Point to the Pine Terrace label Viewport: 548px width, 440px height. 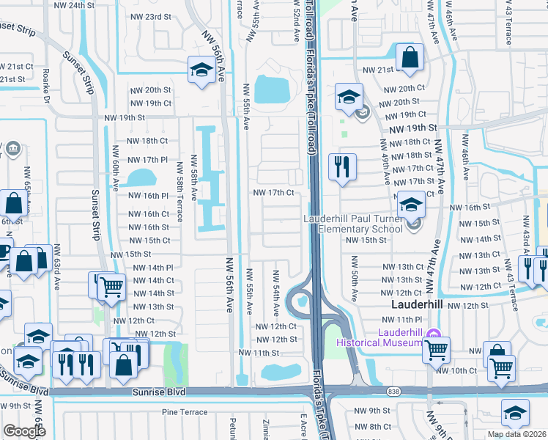pyautogui.click(x=185, y=412)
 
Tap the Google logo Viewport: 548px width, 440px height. pyautogui.click(x=24, y=430)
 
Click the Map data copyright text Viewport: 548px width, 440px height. pyautogui.click(x=516, y=434)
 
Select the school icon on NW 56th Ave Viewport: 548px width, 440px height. pyautogui.click(x=200, y=69)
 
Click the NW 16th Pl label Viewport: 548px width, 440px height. pyautogui.click(x=149, y=196)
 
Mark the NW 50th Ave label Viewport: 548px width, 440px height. pyautogui.click(x=355, y=279)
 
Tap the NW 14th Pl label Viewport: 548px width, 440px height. pyautogui.click(x=152, y=268)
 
